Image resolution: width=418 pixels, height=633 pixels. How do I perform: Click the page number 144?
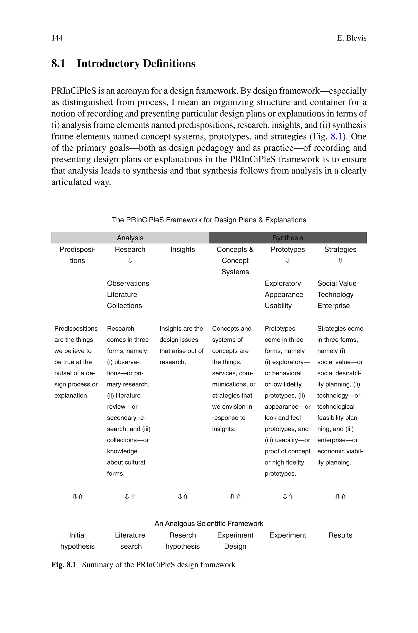point(57,38)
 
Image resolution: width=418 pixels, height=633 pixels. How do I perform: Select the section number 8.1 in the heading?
point(58,64)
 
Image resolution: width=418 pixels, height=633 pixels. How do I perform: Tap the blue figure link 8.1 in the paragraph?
point(336,137)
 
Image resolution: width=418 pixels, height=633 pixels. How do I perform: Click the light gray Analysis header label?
point(130,238)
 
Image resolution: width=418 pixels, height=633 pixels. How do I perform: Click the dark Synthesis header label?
point(288,238)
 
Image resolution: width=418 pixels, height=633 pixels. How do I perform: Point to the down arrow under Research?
point(130,260)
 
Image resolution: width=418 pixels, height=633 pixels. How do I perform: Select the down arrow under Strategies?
point(340,260)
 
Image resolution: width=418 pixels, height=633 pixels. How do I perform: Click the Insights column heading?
point(182,249)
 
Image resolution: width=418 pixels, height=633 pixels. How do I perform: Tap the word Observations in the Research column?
point(128,283)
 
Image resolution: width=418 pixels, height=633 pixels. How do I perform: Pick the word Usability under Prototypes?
point(278,306)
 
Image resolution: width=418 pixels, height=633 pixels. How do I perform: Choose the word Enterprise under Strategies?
point(333,306)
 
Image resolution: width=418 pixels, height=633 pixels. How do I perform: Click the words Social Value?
point(337,283)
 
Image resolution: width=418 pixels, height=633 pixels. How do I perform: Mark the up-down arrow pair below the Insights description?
point(183,497)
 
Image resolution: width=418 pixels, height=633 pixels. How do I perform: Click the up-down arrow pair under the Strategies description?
point(340,497)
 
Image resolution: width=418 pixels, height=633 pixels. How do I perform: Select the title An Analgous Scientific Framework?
point(209,524)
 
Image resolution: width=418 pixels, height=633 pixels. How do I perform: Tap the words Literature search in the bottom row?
point(130,541)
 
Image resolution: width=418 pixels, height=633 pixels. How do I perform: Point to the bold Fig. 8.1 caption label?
point(64,565)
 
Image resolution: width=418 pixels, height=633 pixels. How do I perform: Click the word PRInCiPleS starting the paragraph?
point(74,91)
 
